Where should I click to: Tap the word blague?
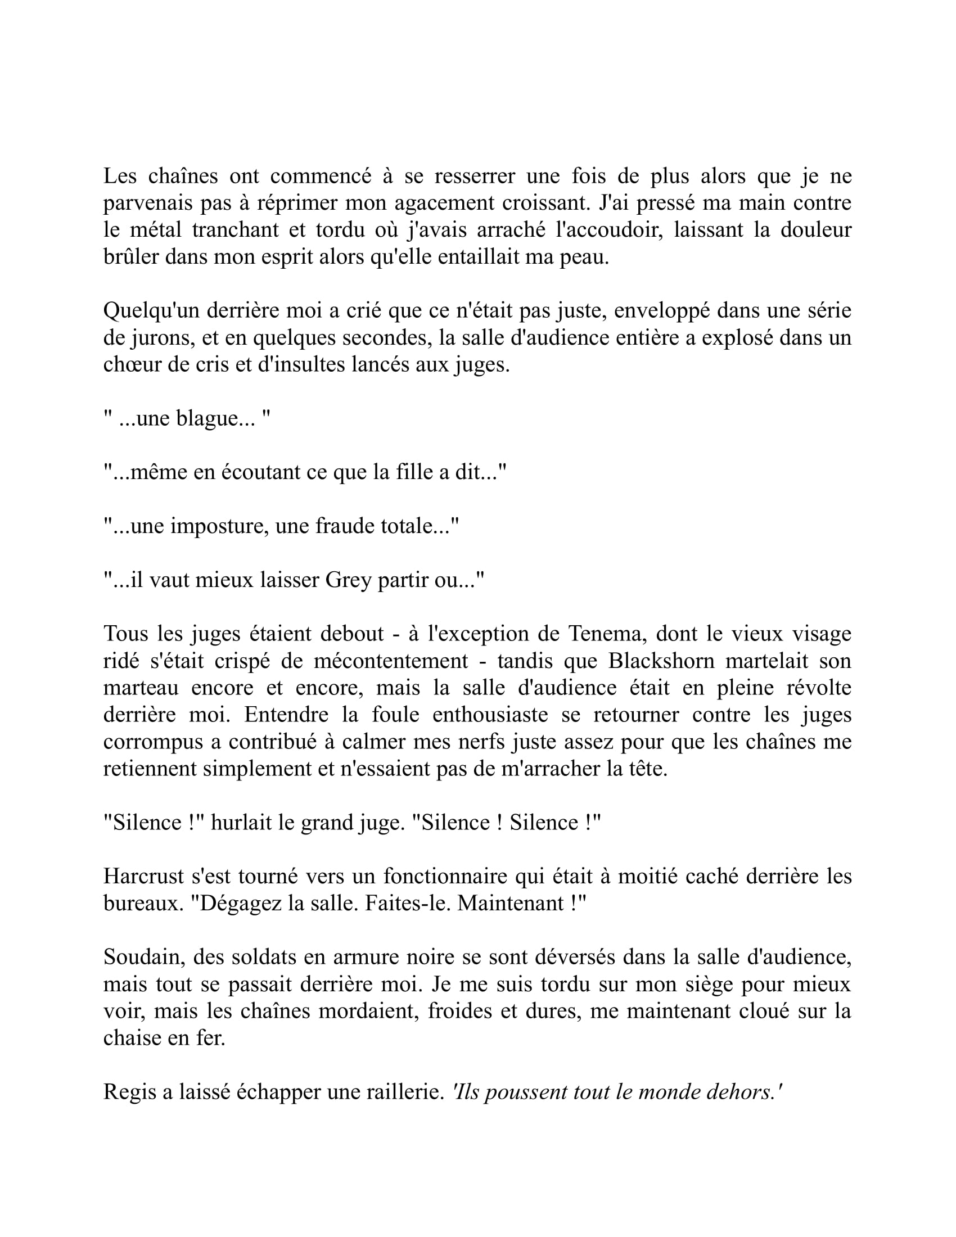point(206,418)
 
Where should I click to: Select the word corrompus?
point(148,742)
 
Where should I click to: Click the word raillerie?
point(403,1091)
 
